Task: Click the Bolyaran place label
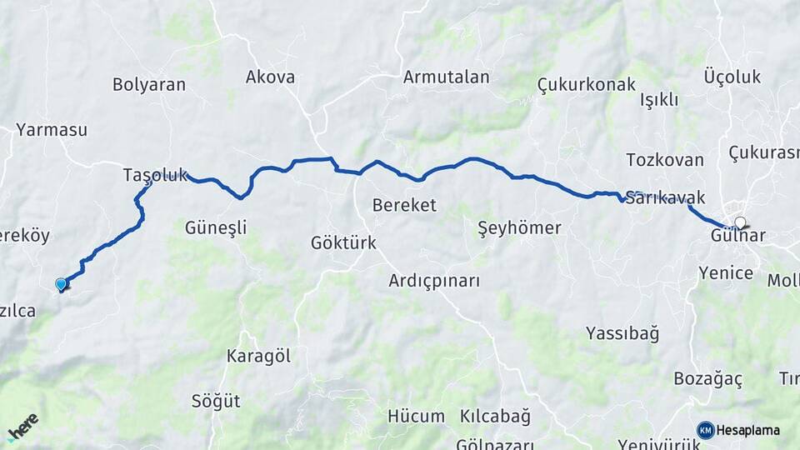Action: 149,84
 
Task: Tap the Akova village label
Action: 270,77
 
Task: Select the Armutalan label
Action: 446,77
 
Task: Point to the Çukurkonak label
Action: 586,84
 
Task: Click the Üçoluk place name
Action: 732,77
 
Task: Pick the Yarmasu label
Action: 52,130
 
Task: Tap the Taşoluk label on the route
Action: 155,175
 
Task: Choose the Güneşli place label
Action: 216,227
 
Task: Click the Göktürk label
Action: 343,243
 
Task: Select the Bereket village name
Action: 404,205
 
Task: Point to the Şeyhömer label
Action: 520,227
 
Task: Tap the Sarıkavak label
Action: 665,198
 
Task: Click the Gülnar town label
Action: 738,237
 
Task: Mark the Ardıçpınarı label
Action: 434,281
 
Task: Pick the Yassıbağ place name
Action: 622,334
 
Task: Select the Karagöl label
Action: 258,356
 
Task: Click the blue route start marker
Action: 61,284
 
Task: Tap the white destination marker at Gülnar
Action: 740,222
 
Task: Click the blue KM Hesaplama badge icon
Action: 706,430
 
